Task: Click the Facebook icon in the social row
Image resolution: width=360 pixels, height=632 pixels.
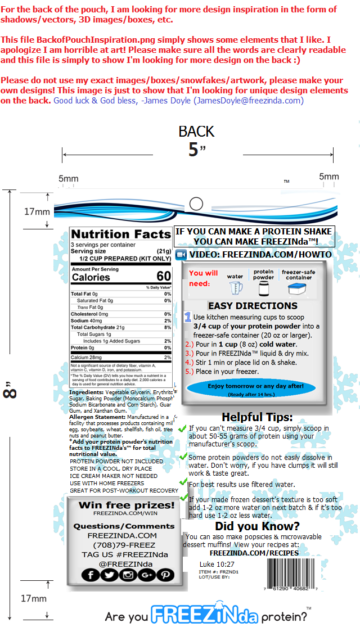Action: point(91,575)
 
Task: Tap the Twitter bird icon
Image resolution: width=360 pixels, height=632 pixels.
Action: point(109,575)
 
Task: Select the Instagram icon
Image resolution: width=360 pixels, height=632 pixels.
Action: point(128,575)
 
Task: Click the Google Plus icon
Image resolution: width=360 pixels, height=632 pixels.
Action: point(147,575)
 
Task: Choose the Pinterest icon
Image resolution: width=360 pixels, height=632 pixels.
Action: point(165,575)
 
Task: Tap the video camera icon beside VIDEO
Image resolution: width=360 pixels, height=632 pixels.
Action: point(181,255)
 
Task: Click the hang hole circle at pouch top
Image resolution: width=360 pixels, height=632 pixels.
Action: point(196,204)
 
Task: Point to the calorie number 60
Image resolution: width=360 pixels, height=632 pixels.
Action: point(164,277)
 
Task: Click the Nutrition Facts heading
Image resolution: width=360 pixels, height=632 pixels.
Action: point(120,234)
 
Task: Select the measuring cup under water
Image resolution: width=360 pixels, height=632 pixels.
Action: point(235,288)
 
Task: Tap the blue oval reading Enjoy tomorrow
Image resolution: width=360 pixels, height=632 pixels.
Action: point(255,388)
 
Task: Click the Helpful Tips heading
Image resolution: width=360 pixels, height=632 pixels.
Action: point(257,417)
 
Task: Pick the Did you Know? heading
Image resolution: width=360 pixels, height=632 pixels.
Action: point(257,526)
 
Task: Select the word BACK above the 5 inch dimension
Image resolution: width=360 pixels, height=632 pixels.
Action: point(196,132)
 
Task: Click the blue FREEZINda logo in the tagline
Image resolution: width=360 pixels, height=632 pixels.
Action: point(204,615)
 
